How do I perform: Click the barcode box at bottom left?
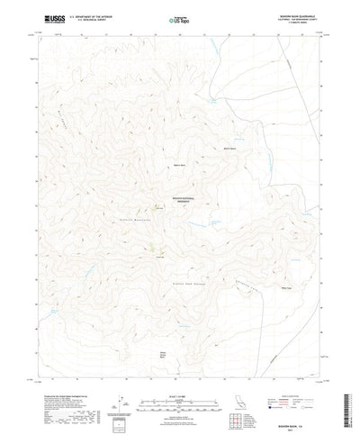(120, 396)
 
